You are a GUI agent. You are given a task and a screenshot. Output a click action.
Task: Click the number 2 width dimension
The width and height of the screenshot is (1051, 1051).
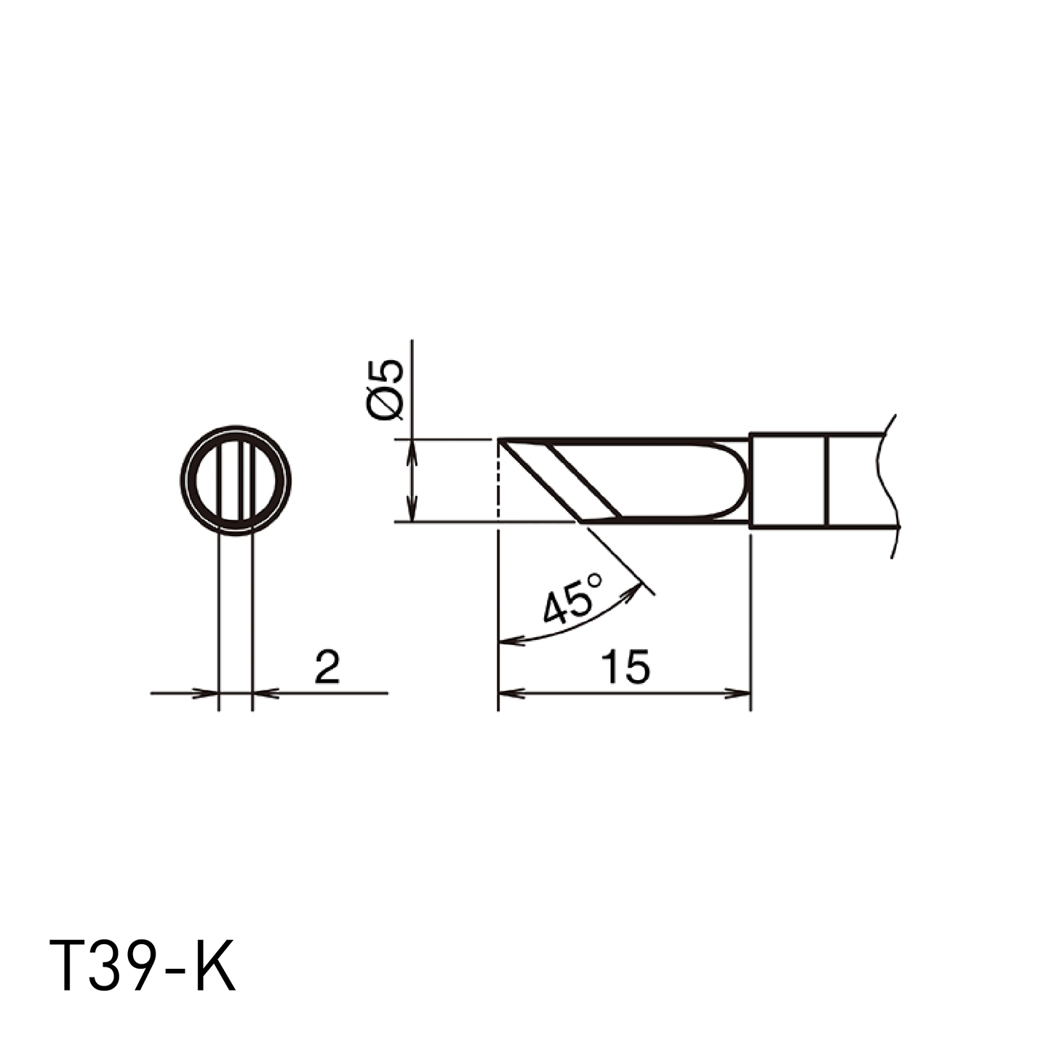[x=327, y=666]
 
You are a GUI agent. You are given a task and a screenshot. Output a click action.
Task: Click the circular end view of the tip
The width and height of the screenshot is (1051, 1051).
[x=236, y=480]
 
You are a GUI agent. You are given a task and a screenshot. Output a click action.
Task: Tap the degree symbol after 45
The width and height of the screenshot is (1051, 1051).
[x=595, y=580]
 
